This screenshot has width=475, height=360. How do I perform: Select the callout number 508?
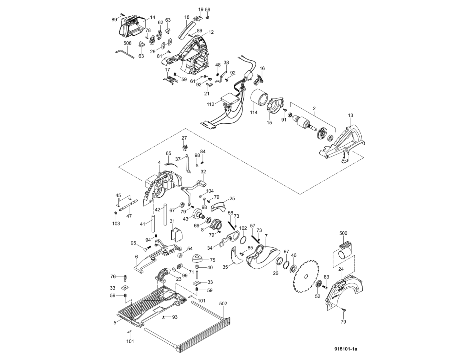click(127, 43)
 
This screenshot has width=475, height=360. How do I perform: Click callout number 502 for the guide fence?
click(223, 304)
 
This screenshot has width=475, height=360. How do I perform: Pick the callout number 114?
click(254, 113)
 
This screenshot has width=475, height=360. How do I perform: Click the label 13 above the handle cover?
click(351, 115)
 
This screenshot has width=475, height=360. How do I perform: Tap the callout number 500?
click(343, 233)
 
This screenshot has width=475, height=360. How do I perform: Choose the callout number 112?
click(210, 104)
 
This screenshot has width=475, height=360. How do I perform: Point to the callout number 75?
click(213, 260)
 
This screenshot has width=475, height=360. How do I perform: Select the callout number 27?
click(184, 138)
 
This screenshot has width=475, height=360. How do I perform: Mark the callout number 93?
click(175, 317)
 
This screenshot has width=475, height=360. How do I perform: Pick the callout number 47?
click(129, 216)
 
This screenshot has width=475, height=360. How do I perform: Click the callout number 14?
click(153, 17)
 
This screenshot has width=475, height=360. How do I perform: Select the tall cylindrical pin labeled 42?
click(165, 214)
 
